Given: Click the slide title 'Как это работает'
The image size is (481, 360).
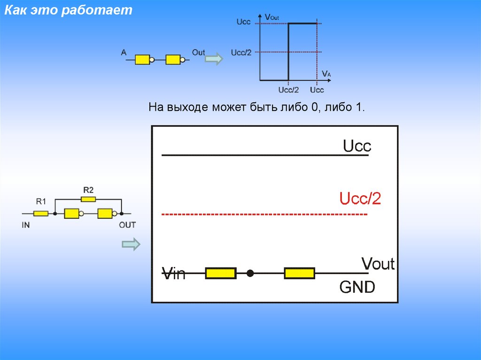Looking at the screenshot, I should click(69, 11).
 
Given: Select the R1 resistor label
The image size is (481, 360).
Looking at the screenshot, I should click(41, 202).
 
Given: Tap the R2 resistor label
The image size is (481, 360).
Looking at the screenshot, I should click(88, 190).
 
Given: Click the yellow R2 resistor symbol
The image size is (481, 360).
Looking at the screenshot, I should click(88, 199).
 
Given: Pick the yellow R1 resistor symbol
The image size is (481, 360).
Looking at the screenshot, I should click(41, 214).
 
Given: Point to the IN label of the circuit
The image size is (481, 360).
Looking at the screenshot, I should click(26, 225).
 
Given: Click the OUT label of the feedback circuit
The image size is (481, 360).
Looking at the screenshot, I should click(127, 225).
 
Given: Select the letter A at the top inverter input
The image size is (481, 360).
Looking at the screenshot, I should click(124, 53).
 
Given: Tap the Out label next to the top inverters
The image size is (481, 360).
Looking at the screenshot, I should click(198, 53).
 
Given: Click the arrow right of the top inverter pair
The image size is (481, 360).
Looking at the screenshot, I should click(214, 59).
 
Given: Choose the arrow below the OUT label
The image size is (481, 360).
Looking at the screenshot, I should click(131, 244).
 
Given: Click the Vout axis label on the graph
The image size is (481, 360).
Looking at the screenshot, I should click(272, 17).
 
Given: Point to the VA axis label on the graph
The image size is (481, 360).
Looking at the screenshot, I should click(327, 74).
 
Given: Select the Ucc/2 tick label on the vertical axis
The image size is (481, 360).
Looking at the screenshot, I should click(241, 52).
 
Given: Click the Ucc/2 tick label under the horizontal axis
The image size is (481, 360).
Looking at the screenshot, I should click(288, 90).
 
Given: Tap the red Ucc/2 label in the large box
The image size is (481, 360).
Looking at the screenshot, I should click(360, 199).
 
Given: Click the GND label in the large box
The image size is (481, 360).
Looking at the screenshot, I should click(357, 286).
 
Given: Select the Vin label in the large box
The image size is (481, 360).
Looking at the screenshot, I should click(174, 273).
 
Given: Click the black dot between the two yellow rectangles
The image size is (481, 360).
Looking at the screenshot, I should click(250, 273).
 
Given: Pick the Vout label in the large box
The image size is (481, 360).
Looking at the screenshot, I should click(378, 264).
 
